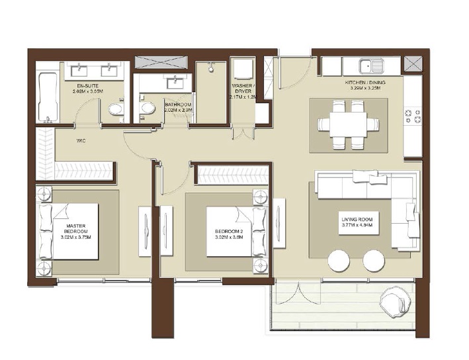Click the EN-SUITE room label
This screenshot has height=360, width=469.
pyautogui.click(x=89, y=87)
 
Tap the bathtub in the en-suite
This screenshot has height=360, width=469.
pyautogui.click(x=47, y=97)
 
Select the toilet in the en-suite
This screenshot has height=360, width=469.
pyautogui.click(x=116, y=109)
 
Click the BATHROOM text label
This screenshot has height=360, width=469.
pyautogui.click(x=178, y=105)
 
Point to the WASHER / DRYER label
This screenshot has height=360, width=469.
pyautogui.click(x=243, y=89)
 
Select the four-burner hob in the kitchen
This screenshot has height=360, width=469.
pyautogui.click(x=411, y=116)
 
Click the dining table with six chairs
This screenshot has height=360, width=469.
pyautogui.click(x=343, y=124)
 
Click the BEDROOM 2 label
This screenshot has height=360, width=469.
pyautogui.click(x=229, y=231)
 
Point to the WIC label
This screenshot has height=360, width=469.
pyautogui.click(x=81, y=140)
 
